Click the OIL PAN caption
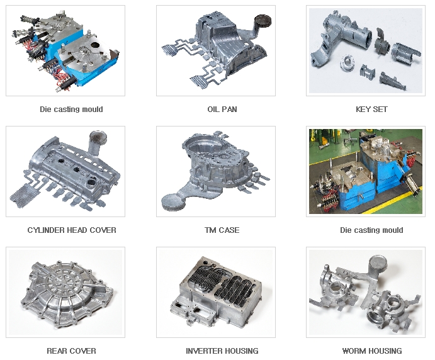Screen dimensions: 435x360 point(222,110)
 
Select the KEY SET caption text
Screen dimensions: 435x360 point(371,110)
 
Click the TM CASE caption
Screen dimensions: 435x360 point(222,230)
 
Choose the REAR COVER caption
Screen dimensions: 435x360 point(71,351)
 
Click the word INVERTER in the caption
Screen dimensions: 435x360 point(203,351)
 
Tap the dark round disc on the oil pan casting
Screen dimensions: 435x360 point(263,21)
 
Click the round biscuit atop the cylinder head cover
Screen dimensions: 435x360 point(98,138)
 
